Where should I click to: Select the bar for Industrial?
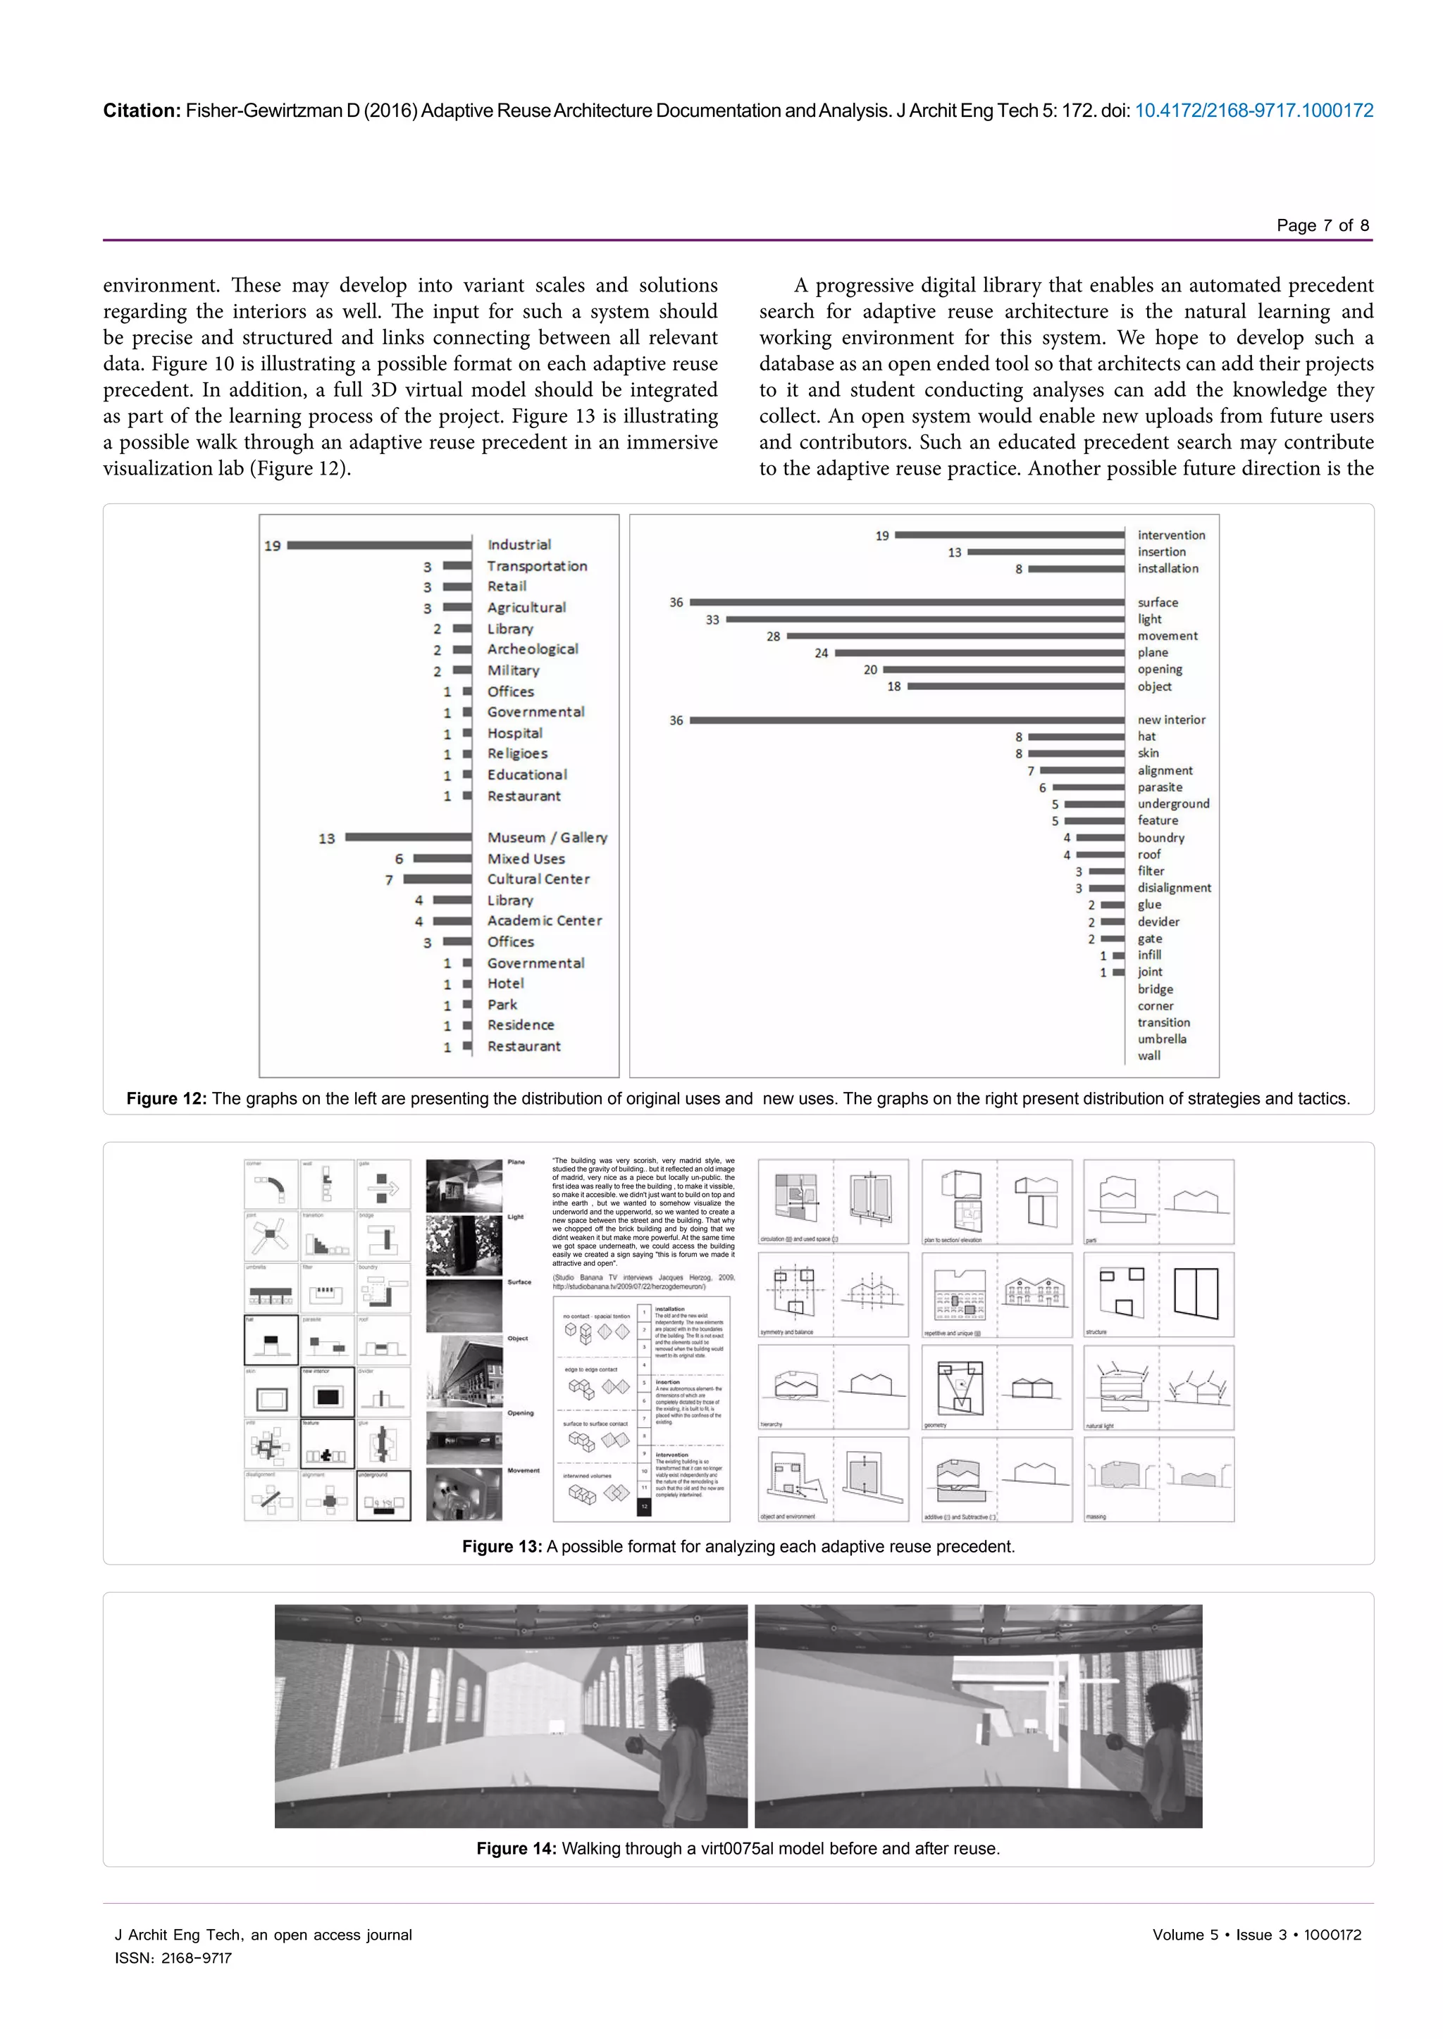tap(379, 545)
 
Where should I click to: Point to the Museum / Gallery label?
tap(547, 837)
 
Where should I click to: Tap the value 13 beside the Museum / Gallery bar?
tap(326, 839)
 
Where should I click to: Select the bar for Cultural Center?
tap(437, 879)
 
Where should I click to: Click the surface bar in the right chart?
tap(906, 602)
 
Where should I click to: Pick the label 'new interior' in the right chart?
tap(1171, 720)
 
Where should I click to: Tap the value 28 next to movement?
tap(773, 636)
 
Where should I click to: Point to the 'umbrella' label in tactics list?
tap(1161, 1039)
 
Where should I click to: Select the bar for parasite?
tap(1089, 788)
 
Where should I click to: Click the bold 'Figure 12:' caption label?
tap(166, 1098)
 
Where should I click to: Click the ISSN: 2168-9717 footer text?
tap(173, 1958)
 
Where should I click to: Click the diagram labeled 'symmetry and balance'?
tap(833, 1294)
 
